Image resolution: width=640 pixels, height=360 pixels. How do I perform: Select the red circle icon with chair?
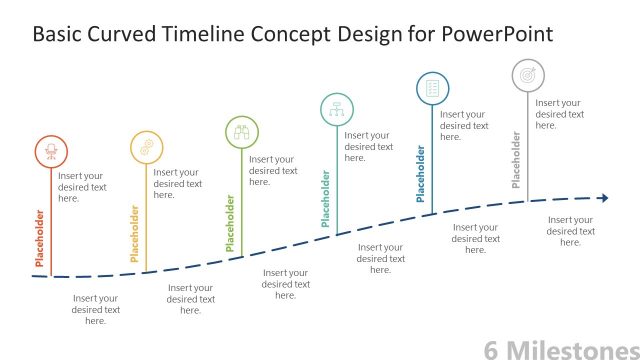[52, 151]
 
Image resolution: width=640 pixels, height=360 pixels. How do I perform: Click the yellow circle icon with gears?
[147, 147]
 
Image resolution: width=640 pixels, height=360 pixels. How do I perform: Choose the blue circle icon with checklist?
[432, 89]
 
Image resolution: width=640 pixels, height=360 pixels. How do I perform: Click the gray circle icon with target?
[528, 75]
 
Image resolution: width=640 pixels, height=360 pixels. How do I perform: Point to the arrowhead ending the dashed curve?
[603, 198]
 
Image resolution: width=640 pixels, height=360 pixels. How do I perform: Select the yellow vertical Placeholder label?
[135, 234]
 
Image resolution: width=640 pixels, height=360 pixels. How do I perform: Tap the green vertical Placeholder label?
[230, 222]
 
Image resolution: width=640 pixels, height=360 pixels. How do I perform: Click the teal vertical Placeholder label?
[325, 198]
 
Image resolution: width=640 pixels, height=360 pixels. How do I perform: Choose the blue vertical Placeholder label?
[421, 174]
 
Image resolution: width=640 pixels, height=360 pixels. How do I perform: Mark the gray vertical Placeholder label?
[516, 160]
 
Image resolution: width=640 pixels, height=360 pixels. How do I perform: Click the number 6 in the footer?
[491, 349]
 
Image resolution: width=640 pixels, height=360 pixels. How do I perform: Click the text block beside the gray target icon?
[559, 114]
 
